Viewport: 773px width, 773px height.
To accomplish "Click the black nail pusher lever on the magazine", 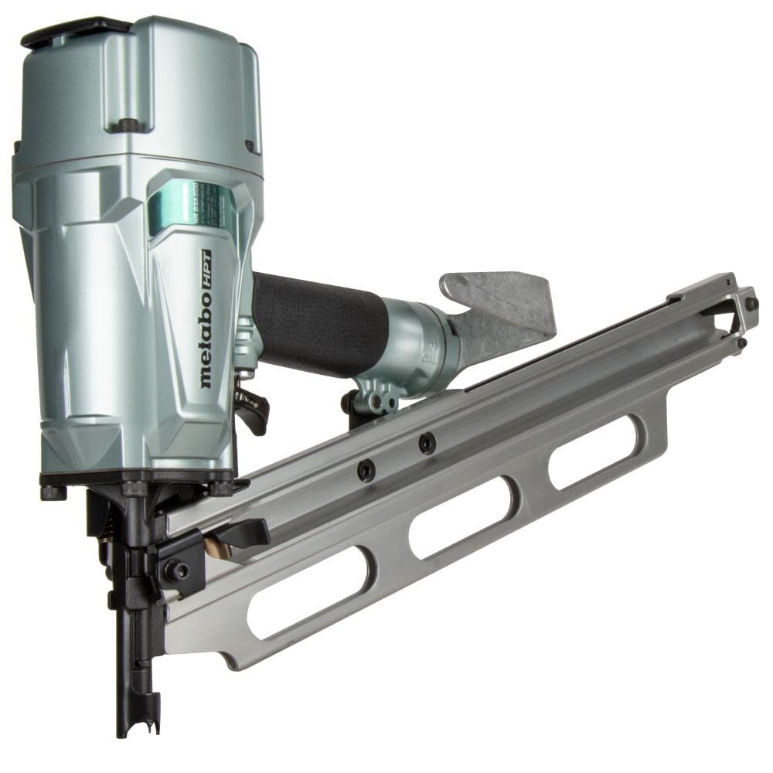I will tap(236, 533).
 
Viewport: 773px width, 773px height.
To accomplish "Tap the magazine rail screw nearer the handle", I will tap(426, 443).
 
